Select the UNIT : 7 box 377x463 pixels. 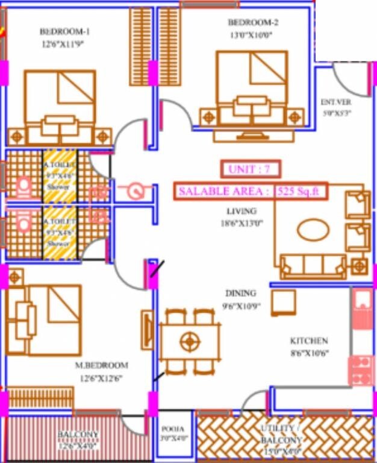pyautogui.click(x=249, y=169)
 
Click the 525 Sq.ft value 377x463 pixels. pyautogui.click(x=301, y=192)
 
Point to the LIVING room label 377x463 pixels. pyautogui.click(x=241, y=212)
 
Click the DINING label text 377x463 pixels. pyautogui.click(x=240, y=293)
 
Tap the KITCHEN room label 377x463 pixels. pyautogui.click(x=309, y=341)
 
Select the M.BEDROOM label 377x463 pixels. pyautogui.click(x=102, y=365)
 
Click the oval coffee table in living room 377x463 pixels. pyautogui.click(x=313, y=230)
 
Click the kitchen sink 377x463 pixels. pyautogui.click(x=363, y=308)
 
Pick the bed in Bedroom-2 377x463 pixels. pyautogui.click(x=251, y=84)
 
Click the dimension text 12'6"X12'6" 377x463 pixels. pyautogui.click(x=101, y=378)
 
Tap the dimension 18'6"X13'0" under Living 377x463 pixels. pyautogui.click(x=241, y=223)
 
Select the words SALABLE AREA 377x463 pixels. pyautogui.click(x=223, y=192)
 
